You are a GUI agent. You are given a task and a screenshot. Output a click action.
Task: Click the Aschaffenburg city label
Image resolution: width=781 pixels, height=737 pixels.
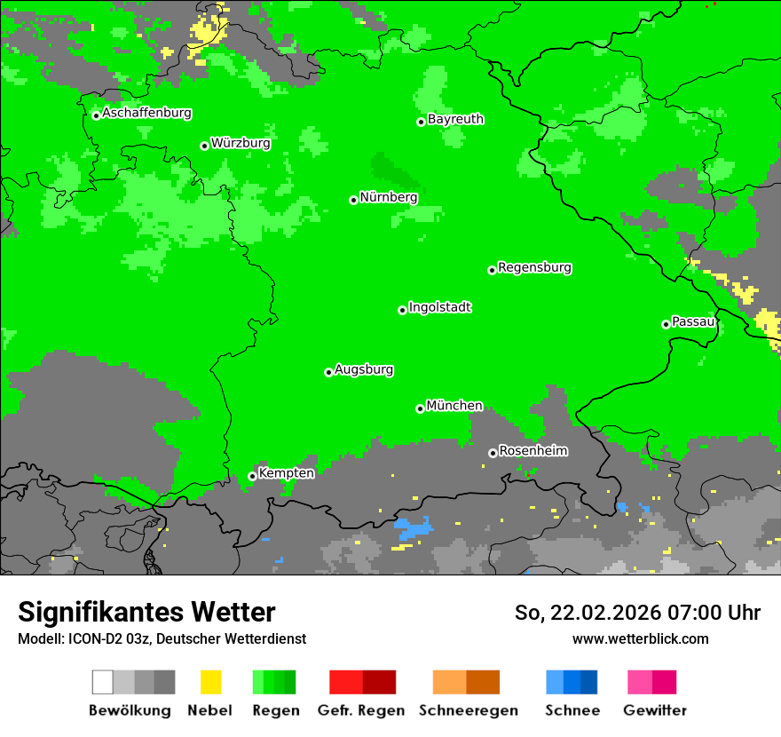click(146, 114)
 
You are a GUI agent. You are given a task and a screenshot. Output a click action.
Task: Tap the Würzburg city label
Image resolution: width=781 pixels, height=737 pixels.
click(241, 143)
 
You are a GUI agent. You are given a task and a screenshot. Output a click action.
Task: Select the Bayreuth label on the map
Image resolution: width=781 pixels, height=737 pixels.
click(455, 119)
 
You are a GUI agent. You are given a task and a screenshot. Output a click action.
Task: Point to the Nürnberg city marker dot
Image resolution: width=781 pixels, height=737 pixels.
click(353, 200)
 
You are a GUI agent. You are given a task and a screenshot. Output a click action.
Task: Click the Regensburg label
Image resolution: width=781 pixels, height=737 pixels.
click(534, 267)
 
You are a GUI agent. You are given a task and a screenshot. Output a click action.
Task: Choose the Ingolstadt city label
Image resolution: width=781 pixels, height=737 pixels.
click(439, 308)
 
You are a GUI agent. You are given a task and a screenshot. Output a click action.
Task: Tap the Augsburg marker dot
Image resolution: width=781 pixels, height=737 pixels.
click(328, 372)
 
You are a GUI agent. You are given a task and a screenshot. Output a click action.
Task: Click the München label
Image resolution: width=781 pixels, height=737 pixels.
click(454, 406)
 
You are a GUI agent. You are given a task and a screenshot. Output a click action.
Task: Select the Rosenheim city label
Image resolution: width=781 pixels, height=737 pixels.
click(533, 451)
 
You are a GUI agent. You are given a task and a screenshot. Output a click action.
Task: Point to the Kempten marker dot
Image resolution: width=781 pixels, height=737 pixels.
click(252, 476)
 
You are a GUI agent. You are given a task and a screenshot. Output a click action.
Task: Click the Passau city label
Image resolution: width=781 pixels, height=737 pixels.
click(693, 321)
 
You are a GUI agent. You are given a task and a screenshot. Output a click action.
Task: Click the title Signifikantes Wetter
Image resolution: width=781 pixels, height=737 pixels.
click(146, 612)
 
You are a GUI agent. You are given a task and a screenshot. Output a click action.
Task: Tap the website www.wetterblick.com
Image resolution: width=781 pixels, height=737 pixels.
click(640, 638)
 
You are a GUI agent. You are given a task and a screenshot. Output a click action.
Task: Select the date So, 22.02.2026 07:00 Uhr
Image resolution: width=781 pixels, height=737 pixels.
click(637, 613)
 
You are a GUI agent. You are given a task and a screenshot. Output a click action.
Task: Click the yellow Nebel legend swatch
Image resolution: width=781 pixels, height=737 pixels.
click(210, 682)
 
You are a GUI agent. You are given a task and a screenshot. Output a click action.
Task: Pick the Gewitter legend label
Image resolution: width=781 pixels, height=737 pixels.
click(654, 710)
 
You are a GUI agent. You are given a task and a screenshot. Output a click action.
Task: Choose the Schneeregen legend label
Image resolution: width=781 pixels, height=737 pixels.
click(469, 710)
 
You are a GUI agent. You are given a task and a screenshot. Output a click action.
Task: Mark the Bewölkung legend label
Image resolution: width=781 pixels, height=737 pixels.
click(130, 710)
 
